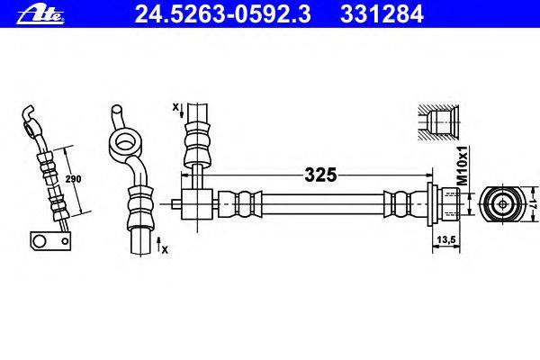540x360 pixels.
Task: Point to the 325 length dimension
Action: coord(319,175)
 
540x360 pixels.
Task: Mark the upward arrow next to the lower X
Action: coord(157,242)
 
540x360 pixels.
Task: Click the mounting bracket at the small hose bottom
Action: coord(47,240)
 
